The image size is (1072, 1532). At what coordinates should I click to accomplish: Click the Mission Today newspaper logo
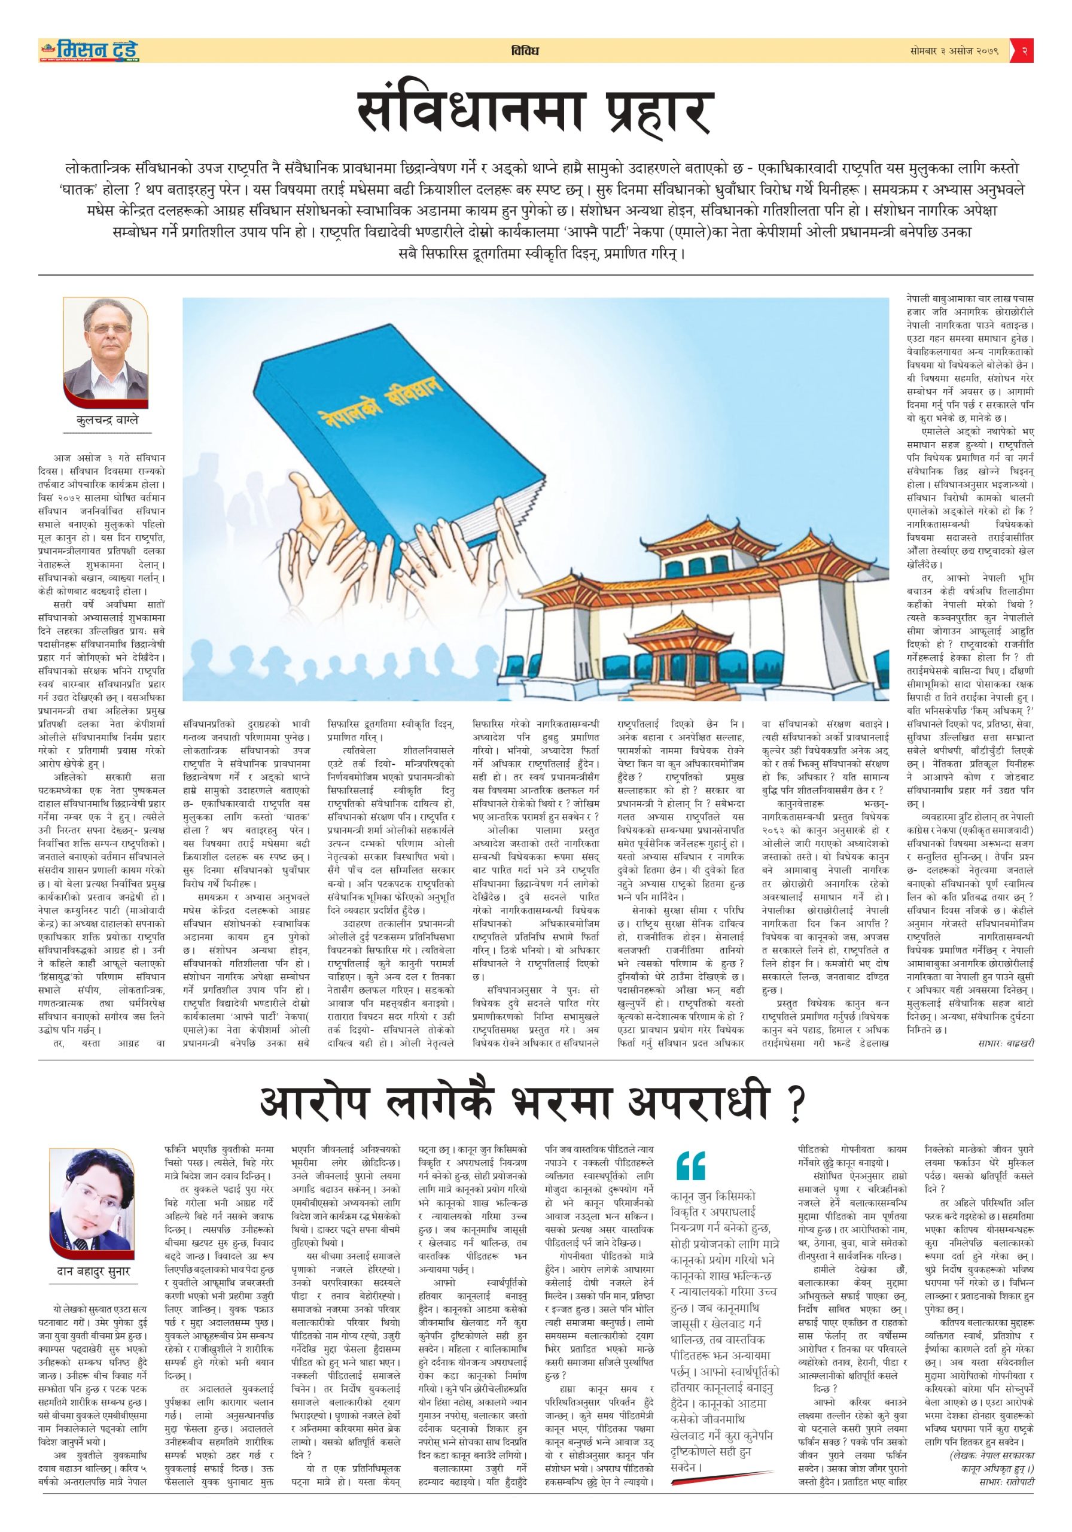[89, 51]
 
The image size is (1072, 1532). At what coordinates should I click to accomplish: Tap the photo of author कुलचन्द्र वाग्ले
[105, 354]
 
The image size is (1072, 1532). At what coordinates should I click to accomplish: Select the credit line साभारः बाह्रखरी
[1005, 1042]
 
